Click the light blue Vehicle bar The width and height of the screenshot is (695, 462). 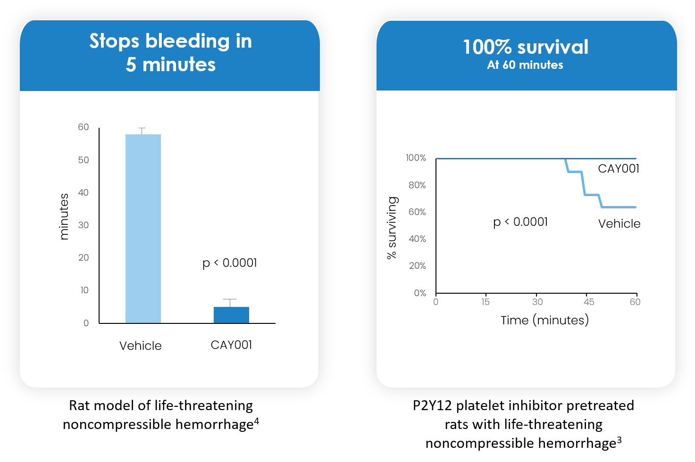pos(143,229)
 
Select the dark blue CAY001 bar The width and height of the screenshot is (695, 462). pos(231,315)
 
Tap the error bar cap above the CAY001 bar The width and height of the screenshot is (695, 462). pos(230,299)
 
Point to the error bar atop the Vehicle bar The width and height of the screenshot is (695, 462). pos(142,131)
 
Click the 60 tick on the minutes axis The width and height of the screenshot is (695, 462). pos(84,127)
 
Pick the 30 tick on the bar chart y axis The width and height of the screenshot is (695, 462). pos(84,225)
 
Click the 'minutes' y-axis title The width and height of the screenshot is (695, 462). pos(64,216)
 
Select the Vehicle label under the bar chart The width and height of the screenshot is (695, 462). pos(141,346)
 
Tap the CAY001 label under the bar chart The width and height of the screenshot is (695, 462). pos(231,345)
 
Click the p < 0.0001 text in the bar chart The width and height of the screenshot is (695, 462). pos(230,263)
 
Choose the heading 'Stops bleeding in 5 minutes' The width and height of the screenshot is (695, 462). pos(170,53)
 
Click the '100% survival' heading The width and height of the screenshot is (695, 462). pos(526,47)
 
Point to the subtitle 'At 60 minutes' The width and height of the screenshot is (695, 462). pos(525,65)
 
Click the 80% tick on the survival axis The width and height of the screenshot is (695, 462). pos(417,185)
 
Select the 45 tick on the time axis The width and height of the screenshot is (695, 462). pos(589,302)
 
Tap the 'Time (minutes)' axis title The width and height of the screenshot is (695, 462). pos(544,321)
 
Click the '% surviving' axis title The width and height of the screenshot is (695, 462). pos(392,228)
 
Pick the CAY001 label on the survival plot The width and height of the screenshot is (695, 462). pos(619,169)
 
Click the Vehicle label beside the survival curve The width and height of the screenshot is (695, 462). pos(619,224)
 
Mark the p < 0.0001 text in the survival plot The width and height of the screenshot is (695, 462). pos(520,222)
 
